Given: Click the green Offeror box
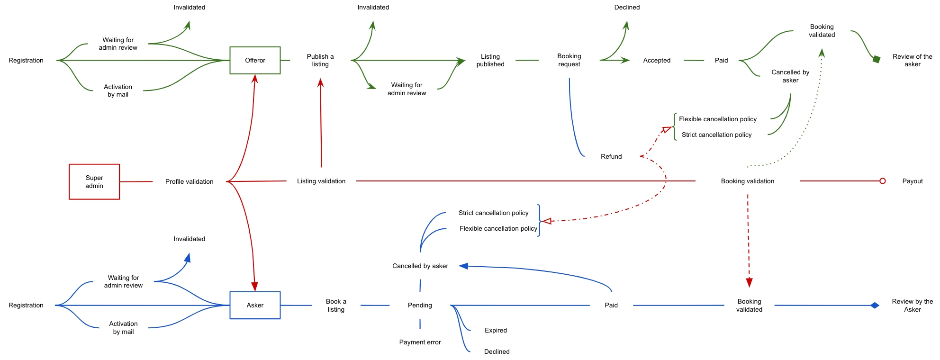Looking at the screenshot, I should click(x=255, y=60).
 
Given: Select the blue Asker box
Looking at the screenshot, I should click(x=255, y=305).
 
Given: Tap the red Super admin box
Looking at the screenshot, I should click(x=94, y=181).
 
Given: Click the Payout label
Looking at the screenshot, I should click(x=912, y=181).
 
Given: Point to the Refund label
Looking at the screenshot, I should click(x=611, y=156).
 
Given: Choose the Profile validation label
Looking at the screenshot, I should click(x=189, y=181).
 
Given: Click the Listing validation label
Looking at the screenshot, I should click(x=321, y=181).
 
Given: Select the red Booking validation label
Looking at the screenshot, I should click(x=747, y=181).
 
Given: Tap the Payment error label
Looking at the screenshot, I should click(x=420, y=342).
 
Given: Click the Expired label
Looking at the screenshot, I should click(x=496, y=330).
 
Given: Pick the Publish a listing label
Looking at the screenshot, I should click(x=320, y=60).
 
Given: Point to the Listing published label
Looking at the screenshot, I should click(x=490, y=60).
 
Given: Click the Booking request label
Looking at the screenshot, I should click(x=569, y=60).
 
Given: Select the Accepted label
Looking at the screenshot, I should click(x=656, y=60).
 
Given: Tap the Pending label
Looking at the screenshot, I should click(x=420, y=305).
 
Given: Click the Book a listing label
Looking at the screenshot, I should click(x=336, y=305).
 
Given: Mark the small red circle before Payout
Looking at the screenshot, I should click(x=882, y=181).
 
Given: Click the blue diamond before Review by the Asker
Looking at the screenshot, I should click(x=875, y=306).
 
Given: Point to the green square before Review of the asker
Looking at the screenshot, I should click(x=877, y=59).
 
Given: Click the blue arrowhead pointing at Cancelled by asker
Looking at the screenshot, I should click(x=464, y=266).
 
